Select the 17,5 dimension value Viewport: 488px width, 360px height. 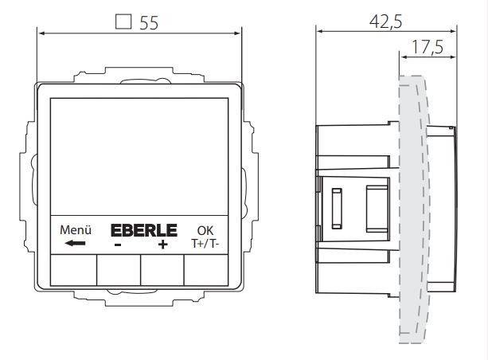point(427,48)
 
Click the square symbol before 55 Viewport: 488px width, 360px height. point(123,22)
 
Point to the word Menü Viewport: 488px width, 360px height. point(72,231)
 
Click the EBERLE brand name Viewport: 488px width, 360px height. point(141,231)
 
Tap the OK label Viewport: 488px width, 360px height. point(205,231)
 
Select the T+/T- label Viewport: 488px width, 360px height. point(205,245)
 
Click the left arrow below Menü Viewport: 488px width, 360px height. point(72,244)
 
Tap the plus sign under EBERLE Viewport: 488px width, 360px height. point(163,245)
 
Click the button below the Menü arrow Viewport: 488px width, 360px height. point(73,270)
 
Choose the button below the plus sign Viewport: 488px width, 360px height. point(162,270)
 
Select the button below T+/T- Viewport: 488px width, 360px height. point(205,270)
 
